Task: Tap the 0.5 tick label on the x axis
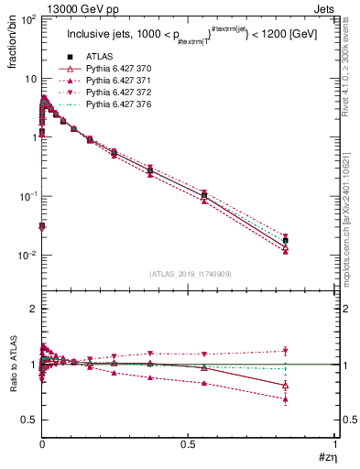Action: coord(189,444)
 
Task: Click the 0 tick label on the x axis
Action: coord(42,444)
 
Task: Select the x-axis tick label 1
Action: coord(335,444)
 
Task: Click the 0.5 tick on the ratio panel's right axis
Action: coord(348,420)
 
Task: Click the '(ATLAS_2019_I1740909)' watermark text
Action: coord(188,275)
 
